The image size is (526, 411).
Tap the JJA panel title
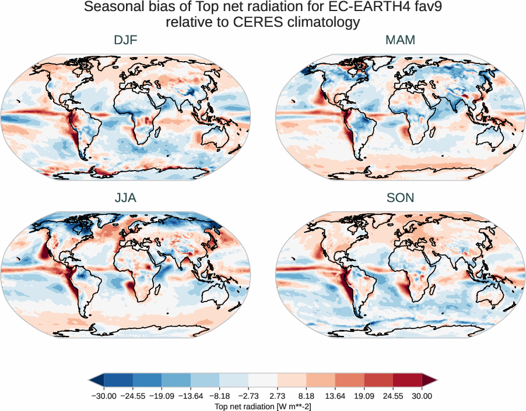pyautogui.click(x=125, y=198)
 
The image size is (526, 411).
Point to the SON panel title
pyautogui.click(x=400, y=198)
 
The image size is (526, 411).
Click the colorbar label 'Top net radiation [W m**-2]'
pyautogui.click(x=263, y=405)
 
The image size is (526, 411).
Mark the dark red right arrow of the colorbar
pyautogui.click(x=430, y=380)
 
